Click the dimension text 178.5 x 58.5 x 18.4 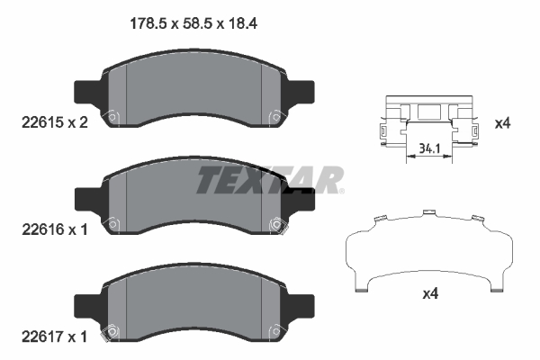click(193, 23)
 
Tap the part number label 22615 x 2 click(54, 122)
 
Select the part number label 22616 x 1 click(54, 229)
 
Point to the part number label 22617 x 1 click(54, 337)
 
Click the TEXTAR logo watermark click(270, 180)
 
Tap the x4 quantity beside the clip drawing click(502, 123)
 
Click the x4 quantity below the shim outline click(430, 293)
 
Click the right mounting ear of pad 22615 click(301, 92)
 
